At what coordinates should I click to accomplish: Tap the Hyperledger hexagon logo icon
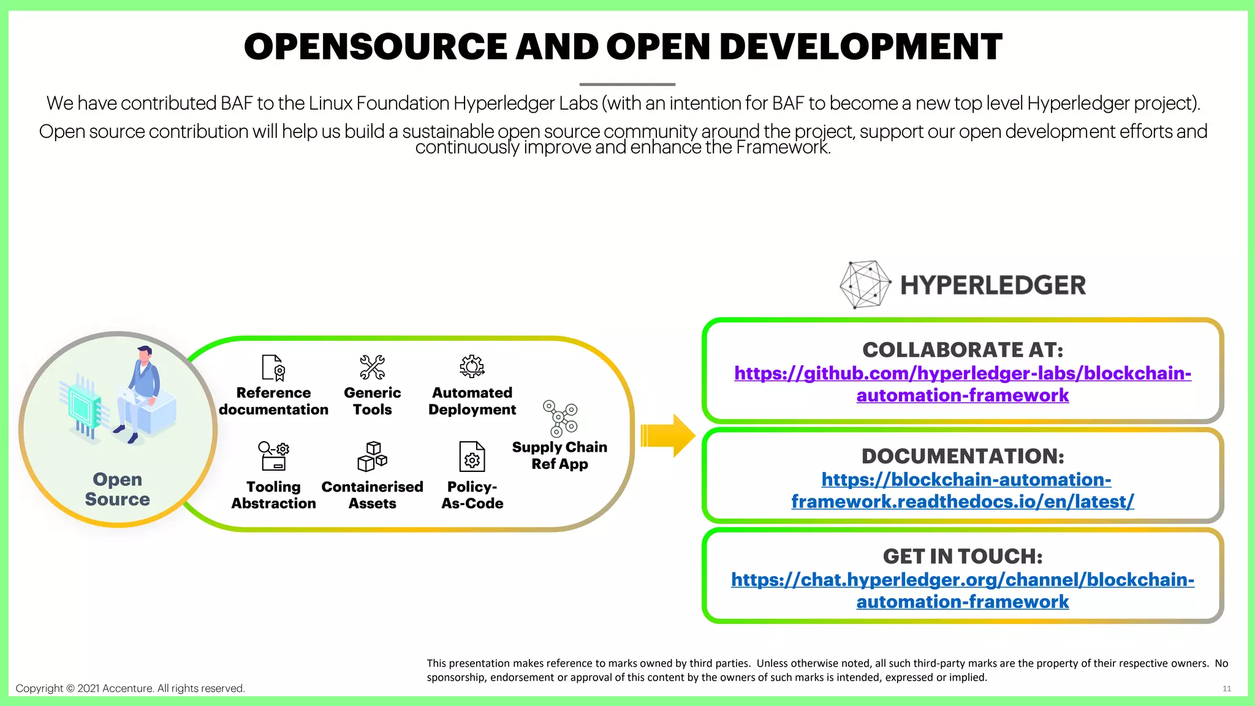pos(865,284)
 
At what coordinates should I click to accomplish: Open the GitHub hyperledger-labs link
pos(962,384)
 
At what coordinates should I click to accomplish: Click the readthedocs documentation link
pos(962,490)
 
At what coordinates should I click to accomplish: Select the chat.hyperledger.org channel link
pos(962,590)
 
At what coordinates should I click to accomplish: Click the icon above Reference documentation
pos(273,368)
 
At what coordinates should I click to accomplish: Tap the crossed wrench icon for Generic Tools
pos(372,367)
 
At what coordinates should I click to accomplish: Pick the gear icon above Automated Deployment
pos(472,366)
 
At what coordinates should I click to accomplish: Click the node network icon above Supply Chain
pos(560,419)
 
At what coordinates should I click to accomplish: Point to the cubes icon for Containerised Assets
pos(372,457)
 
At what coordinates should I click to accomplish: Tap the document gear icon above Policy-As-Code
pos(472,457)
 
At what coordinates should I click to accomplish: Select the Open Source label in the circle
pos(118,489)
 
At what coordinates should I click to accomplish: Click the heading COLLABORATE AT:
pos(962,350)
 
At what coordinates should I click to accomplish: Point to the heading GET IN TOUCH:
pos(962,556)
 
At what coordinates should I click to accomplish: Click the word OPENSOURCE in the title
pos(375,47)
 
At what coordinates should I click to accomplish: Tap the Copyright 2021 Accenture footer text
pos(130,688)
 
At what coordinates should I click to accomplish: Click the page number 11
pos(1226,689)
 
